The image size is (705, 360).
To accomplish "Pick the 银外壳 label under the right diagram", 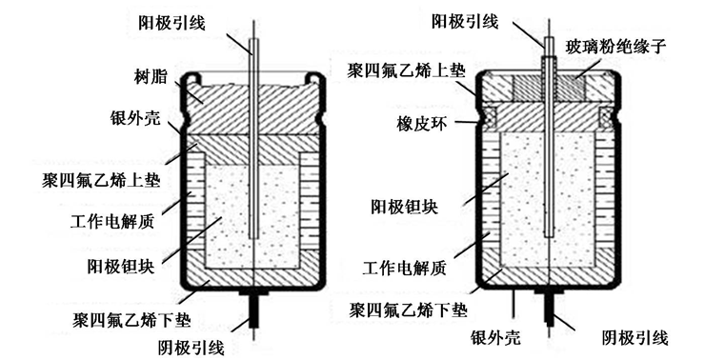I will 502,338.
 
